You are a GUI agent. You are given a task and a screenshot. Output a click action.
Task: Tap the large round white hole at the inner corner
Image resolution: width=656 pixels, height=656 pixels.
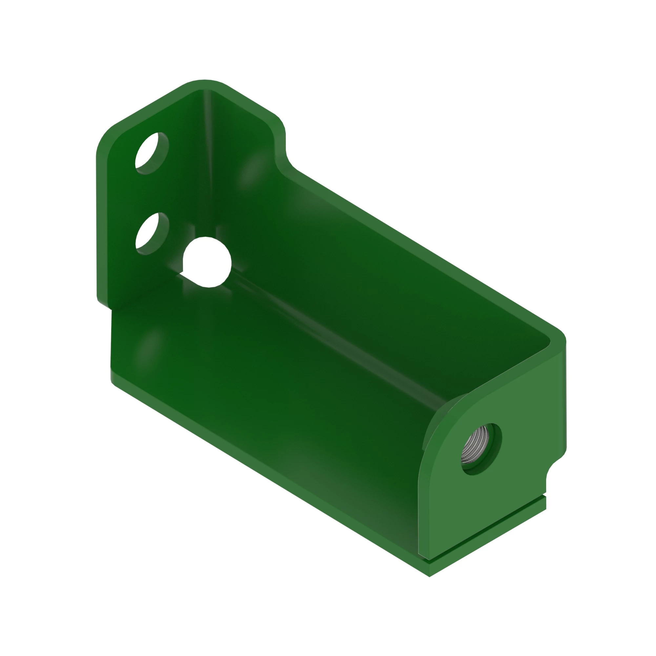207,262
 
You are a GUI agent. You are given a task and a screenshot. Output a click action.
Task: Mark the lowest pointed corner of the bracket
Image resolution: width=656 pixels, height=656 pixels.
430,576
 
